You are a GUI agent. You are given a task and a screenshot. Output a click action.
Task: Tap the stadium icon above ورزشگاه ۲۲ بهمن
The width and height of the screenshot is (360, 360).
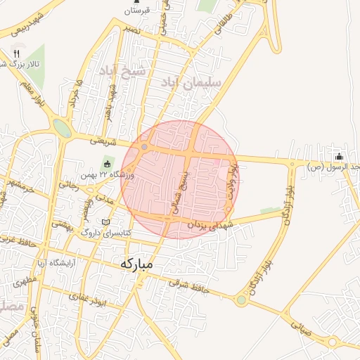(x=107, y=165)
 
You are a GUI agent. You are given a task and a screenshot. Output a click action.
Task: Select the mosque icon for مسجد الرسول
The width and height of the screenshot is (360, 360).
(x=340, y=156)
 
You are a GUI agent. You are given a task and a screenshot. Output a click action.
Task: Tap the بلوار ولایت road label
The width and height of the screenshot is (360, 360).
(x=233, y=180)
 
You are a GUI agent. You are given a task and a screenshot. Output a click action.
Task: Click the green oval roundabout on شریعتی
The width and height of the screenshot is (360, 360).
(x=62, y=129)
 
